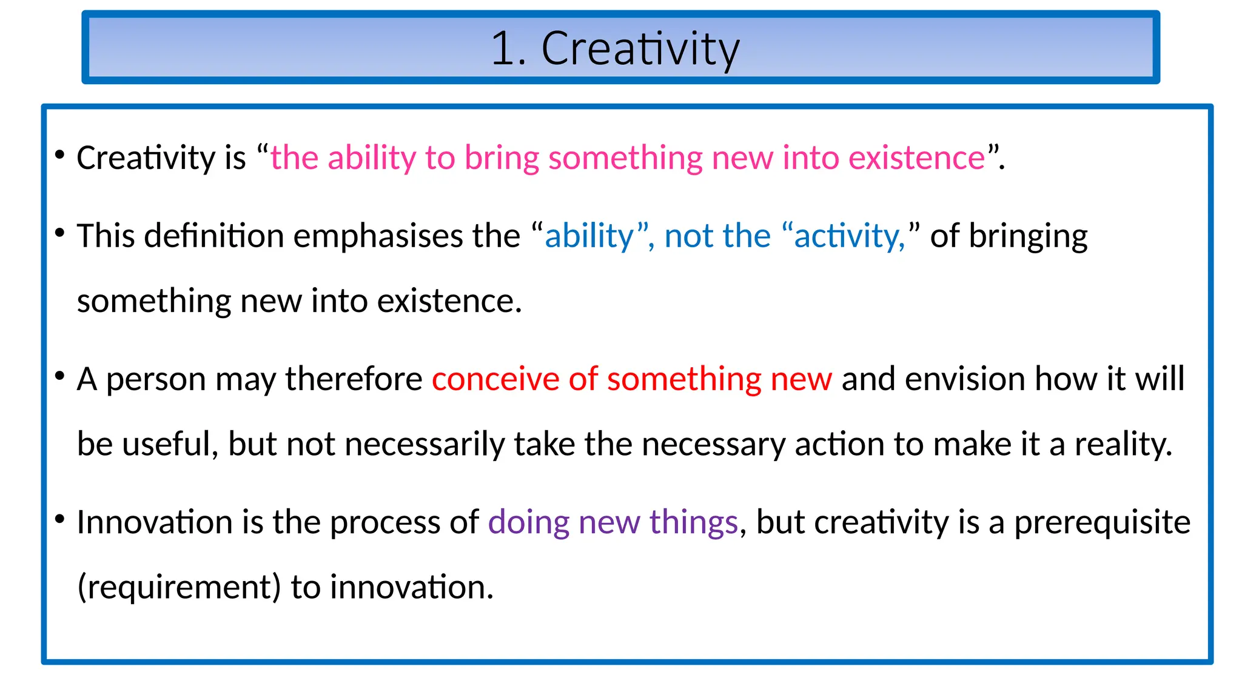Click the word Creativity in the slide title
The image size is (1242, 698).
pyautogui.click(x=640, y=48)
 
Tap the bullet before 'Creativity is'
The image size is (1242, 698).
pyautogui.click(x=59, y=155)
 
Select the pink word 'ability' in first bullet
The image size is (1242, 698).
pyautogui.click(x=372, y=159)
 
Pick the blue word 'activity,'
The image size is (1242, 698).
pyautogui.click(x=849, y=237)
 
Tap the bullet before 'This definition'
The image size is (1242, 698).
pyautogui.click(x=59, y=233)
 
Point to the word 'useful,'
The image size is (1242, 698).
pyautogui.click(x=170, y=444)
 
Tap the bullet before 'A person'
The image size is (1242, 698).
pyautogui.click(x=59, y=376)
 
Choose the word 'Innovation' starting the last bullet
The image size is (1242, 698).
pyautogui.click(x=154, y=522)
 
